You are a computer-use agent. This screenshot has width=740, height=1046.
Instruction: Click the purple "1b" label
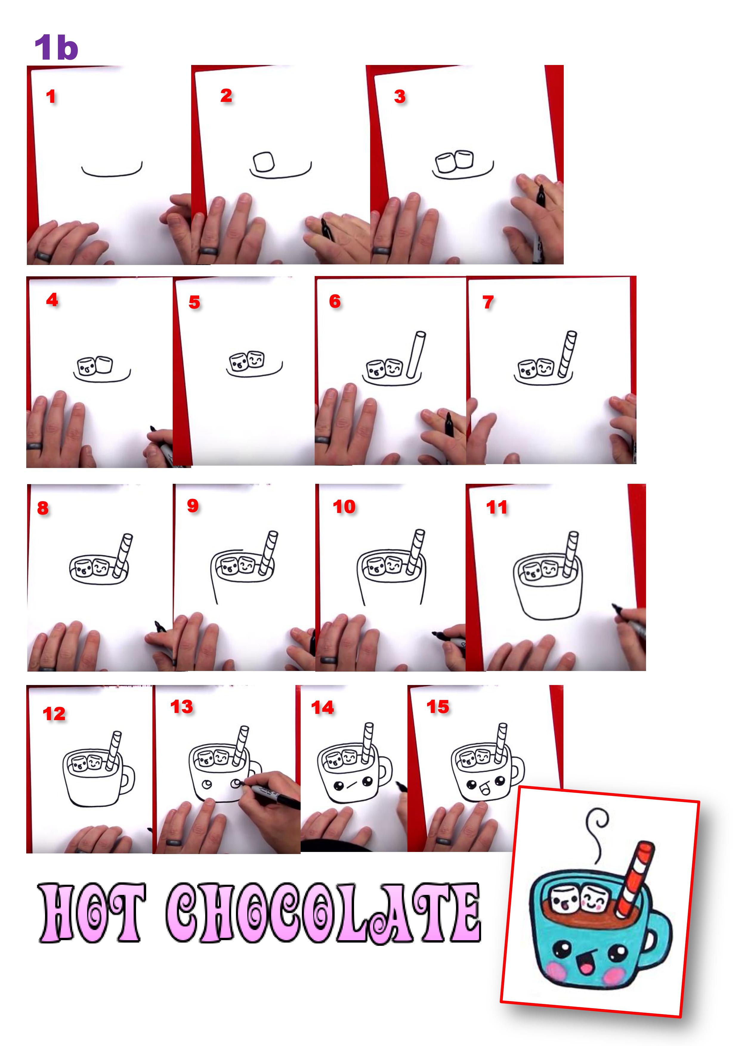[x=57, y=47]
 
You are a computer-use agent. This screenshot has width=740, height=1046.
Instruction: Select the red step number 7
[x=488, y=302]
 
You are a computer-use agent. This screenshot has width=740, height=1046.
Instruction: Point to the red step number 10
[x=344, y=506]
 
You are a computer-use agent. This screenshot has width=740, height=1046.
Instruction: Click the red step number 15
[x=438, y=706]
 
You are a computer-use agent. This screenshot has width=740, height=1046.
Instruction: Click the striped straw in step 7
[x=567, y=354]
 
